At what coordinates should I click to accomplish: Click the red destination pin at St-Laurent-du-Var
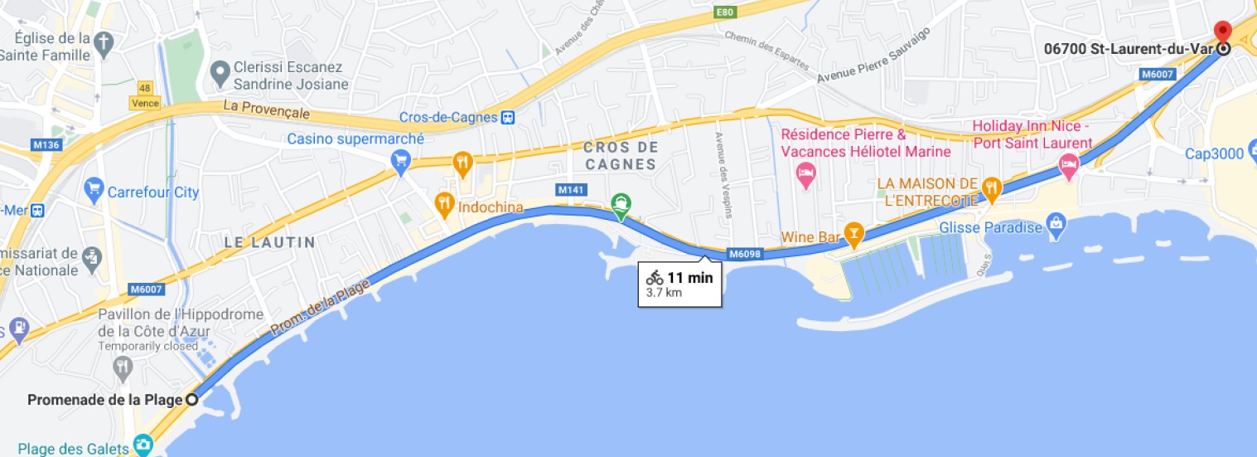point(1222,32)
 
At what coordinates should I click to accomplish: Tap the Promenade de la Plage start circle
point(191,400)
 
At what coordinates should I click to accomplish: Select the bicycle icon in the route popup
point(655,278)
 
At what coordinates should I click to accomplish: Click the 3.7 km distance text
point(664,293)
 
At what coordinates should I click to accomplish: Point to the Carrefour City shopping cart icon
point(93,192)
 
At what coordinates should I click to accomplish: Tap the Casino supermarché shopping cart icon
point(401,159)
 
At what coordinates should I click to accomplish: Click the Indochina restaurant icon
point(445,202)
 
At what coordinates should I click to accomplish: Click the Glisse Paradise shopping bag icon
point(1056,224)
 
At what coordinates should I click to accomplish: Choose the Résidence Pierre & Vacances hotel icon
point(804,173)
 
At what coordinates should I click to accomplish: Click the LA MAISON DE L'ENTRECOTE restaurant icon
point(991,190)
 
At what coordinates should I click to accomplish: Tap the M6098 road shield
point(745,254)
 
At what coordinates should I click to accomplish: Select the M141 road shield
point(571,190)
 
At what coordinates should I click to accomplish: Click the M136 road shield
point(46,145)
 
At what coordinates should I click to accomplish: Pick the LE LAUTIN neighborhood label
point(269,242)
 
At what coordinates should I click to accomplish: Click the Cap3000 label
point(1215,153)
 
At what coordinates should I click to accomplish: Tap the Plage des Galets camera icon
point(143,446)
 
